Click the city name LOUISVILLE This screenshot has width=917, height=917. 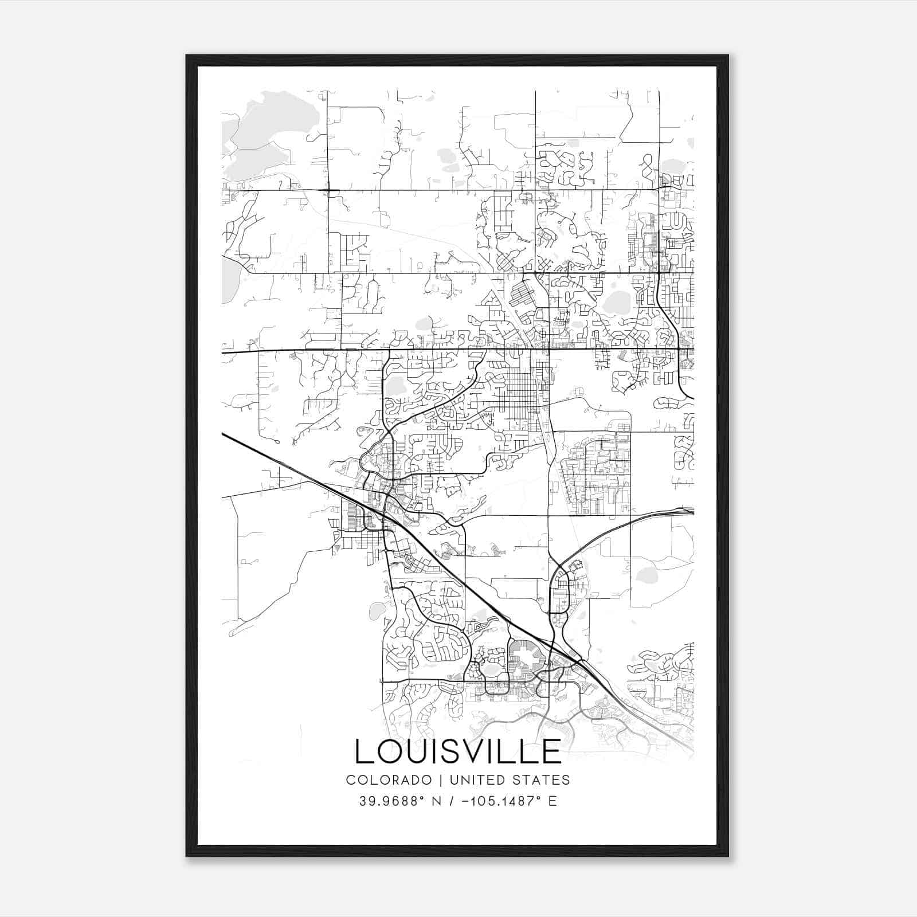click(458, 751)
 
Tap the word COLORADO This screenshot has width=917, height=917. click(381, 780)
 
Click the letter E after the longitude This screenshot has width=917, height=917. click(552, 801)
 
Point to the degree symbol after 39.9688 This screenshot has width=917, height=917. click(423, 797)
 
